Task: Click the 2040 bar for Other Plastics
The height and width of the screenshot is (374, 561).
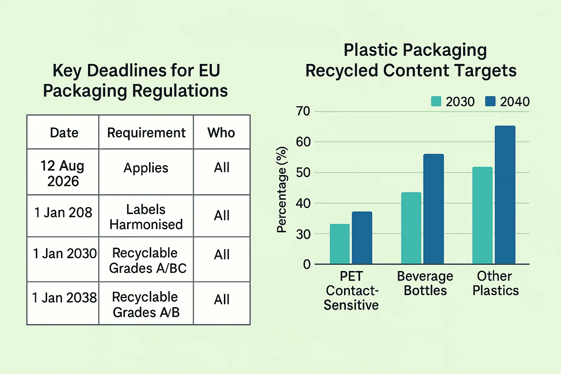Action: click(505, 195)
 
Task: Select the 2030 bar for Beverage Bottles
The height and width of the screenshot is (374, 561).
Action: click(411, 228)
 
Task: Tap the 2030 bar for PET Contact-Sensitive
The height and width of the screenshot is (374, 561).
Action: click(340, 244)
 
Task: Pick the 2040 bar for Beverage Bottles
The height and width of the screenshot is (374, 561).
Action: click(434, 209)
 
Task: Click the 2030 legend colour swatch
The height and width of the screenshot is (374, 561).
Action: click(436, 102)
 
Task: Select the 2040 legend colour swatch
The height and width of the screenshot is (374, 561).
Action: click(490, 102)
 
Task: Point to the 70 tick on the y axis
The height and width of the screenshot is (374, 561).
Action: click(303, 111)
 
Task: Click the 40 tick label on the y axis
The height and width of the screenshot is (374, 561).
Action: click(303, 203)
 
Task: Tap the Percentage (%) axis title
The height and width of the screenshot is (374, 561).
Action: click(282, 190)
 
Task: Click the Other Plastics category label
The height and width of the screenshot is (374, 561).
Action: click(495, 283)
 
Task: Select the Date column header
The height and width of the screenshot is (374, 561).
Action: click(64, 133)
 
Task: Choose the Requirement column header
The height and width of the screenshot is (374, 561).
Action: click(146, 133)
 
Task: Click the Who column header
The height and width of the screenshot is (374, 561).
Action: click(221, 133)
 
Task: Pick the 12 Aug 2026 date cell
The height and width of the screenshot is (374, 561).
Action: click(62, 173)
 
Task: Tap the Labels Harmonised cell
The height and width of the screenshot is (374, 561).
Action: click(146, 217)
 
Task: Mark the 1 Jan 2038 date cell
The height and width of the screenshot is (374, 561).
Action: click(64, 298)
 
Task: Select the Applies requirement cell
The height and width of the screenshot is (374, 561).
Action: click(146, 168)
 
